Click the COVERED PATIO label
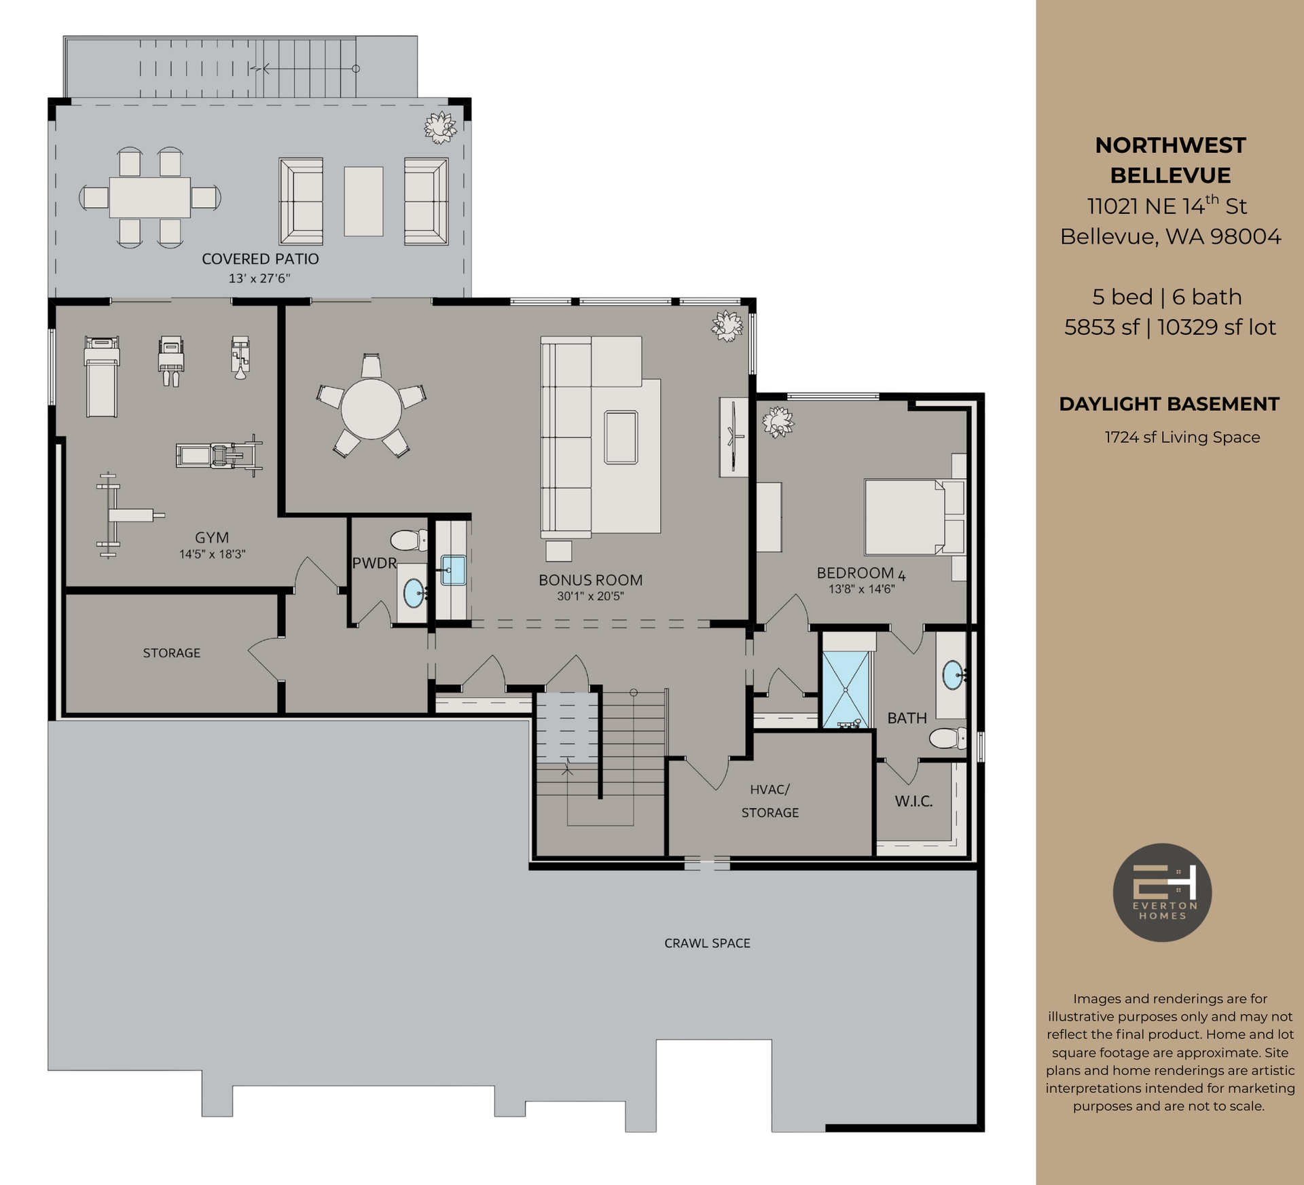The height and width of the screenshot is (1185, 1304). [x=260, y=259]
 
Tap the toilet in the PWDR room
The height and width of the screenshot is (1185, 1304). [x=408, y=541]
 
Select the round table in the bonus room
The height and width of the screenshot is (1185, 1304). [x=371, y=409]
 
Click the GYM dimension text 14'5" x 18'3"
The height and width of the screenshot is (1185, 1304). [x=212, y=554]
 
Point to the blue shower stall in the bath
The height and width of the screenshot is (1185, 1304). [x=846, y=689]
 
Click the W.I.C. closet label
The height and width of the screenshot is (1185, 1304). [x=913, y=801]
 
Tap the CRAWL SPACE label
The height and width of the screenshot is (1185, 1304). [x=707, y=943]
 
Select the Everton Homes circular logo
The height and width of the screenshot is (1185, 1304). [x=1162, y=892]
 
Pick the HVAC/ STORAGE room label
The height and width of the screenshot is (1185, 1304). [x=769, y=801]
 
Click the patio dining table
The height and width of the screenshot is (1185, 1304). [x=150, y=198]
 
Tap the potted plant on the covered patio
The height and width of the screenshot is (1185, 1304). [x=440, y=127]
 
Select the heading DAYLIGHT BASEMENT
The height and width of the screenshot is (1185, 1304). [x=1169, y=404]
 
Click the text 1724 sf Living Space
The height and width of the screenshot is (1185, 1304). [x=1182, y=437]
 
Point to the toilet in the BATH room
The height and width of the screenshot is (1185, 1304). [x=947, y=738]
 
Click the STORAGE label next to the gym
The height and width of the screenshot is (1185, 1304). [x=171, y=653]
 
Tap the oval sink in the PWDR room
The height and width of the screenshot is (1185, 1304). [x=413, y=594]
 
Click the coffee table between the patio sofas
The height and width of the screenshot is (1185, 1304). [x=363, y=202]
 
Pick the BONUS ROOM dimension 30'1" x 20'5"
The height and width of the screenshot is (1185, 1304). [x=590, y=596]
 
